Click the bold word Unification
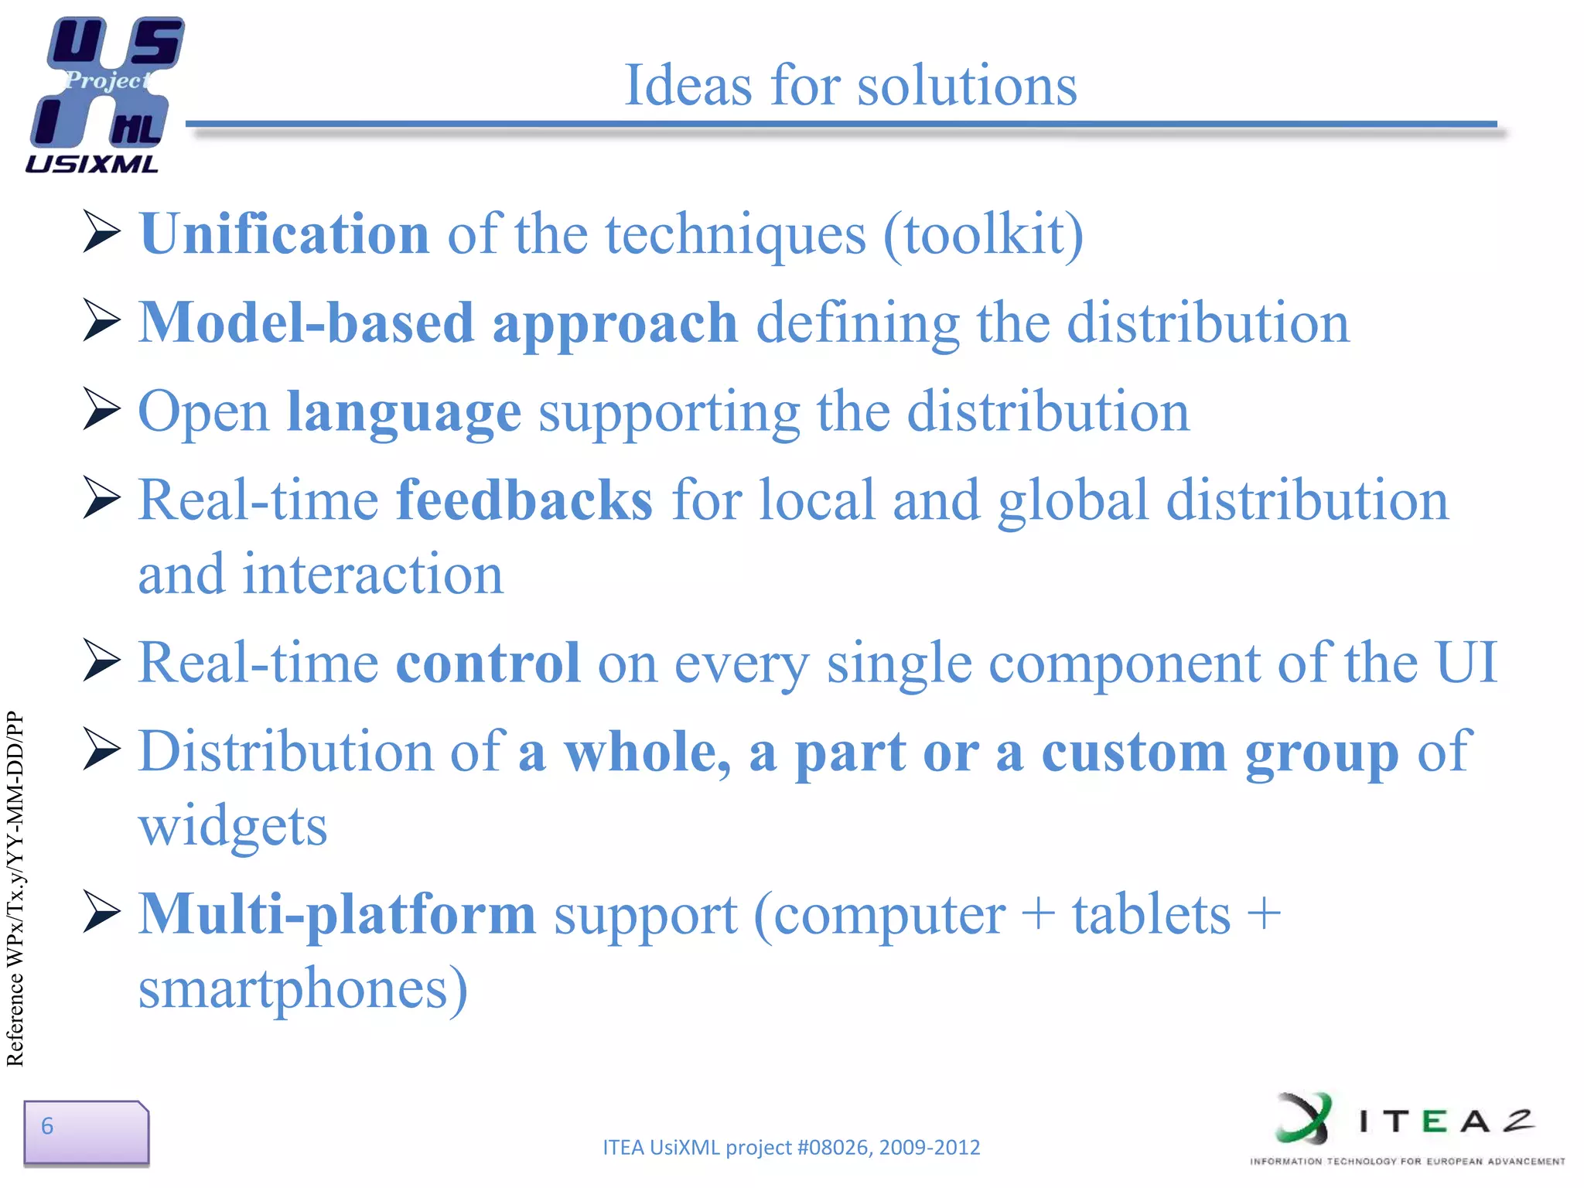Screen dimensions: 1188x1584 point(285,234)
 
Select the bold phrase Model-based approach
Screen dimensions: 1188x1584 point(438,323)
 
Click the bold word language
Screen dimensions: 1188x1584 point(404,411)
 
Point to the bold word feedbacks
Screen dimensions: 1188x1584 point(524,500)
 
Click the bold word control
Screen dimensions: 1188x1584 point(487,663)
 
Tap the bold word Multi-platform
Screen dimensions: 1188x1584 point(337,914)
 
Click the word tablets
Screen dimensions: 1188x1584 point(1150,914)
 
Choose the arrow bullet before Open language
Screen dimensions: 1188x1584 point(102,410)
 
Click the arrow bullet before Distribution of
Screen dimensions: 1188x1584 point(102,750)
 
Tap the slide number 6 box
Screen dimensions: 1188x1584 point(86,1132)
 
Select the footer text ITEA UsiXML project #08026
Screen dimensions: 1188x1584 point(790,1147)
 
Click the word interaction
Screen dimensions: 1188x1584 point(373,575)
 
